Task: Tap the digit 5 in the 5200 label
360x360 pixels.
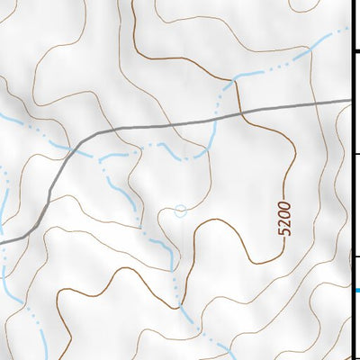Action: tap(285, 231)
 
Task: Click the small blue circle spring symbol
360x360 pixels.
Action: tap(180, 211)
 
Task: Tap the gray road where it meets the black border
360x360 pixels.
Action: tap(351, 101)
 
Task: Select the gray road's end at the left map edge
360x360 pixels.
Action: tap(2, 241)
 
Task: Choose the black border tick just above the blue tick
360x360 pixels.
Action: tap(355, 257)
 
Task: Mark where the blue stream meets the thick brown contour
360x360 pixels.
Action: tap(236, 81)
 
